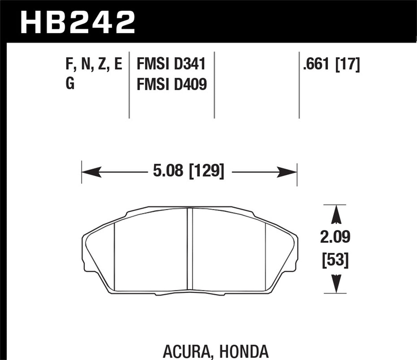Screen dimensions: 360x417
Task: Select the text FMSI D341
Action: (171, 65)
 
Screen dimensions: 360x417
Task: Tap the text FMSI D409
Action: (171, 84)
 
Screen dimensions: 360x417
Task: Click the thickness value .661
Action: (316, 65)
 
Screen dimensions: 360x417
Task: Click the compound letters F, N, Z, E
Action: (93, 65)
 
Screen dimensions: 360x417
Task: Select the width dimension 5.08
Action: (168, 171)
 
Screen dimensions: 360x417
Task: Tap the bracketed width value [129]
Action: (206, 171)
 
